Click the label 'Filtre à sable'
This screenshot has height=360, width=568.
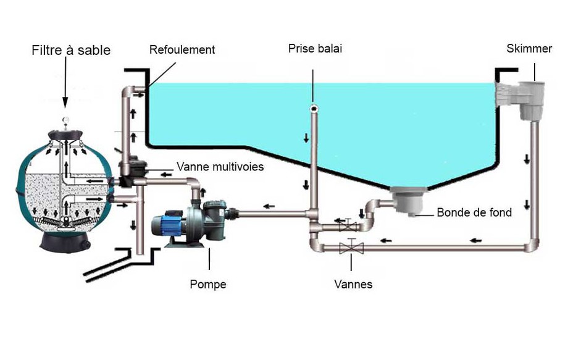tap(71, 50)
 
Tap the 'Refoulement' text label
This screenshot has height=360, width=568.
tap(182, 49)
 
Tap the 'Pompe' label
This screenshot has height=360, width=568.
tap(208, 285)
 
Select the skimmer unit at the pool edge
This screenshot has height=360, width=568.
tap(525, 102)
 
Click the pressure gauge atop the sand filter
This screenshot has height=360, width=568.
tap(66, 121)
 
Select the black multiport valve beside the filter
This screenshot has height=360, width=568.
tap(130, 172)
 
